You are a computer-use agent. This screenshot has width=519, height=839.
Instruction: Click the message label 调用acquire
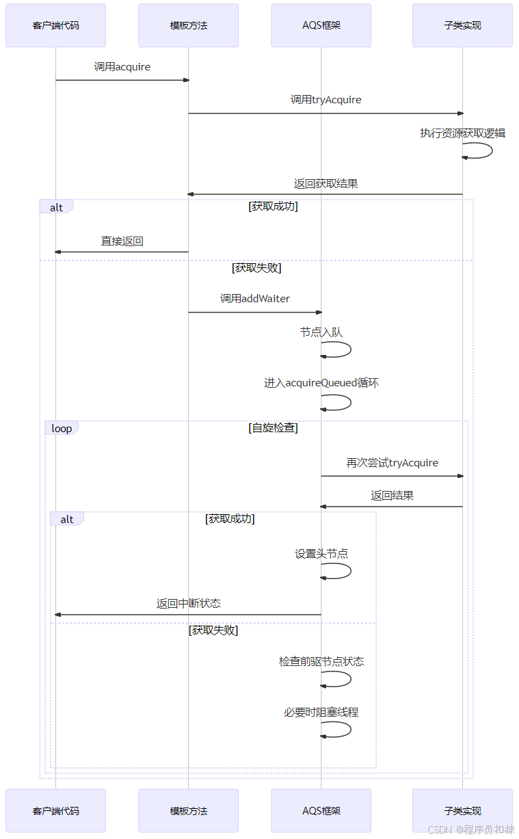122,67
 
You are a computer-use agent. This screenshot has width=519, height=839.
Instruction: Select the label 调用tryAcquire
325,100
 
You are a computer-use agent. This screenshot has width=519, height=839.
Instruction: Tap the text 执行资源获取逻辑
462,133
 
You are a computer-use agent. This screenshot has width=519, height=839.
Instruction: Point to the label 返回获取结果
325,184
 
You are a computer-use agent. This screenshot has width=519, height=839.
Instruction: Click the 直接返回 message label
122,241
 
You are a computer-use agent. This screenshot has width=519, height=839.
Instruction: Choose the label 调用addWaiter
254,299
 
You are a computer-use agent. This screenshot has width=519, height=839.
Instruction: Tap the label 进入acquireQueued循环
321,383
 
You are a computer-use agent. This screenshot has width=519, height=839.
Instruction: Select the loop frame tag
62,429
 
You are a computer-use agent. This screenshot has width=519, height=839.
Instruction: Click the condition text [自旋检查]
273,429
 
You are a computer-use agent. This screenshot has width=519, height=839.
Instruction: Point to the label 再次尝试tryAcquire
392,463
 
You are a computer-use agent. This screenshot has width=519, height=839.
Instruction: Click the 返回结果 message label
392,496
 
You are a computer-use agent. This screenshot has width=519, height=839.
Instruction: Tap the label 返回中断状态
188,604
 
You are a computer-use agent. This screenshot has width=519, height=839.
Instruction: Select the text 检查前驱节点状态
321,662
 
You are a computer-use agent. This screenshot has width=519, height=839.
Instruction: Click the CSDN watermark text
470,829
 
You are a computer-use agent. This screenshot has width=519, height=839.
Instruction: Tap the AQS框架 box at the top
321,25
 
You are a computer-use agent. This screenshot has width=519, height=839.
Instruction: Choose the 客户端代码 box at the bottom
55,811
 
